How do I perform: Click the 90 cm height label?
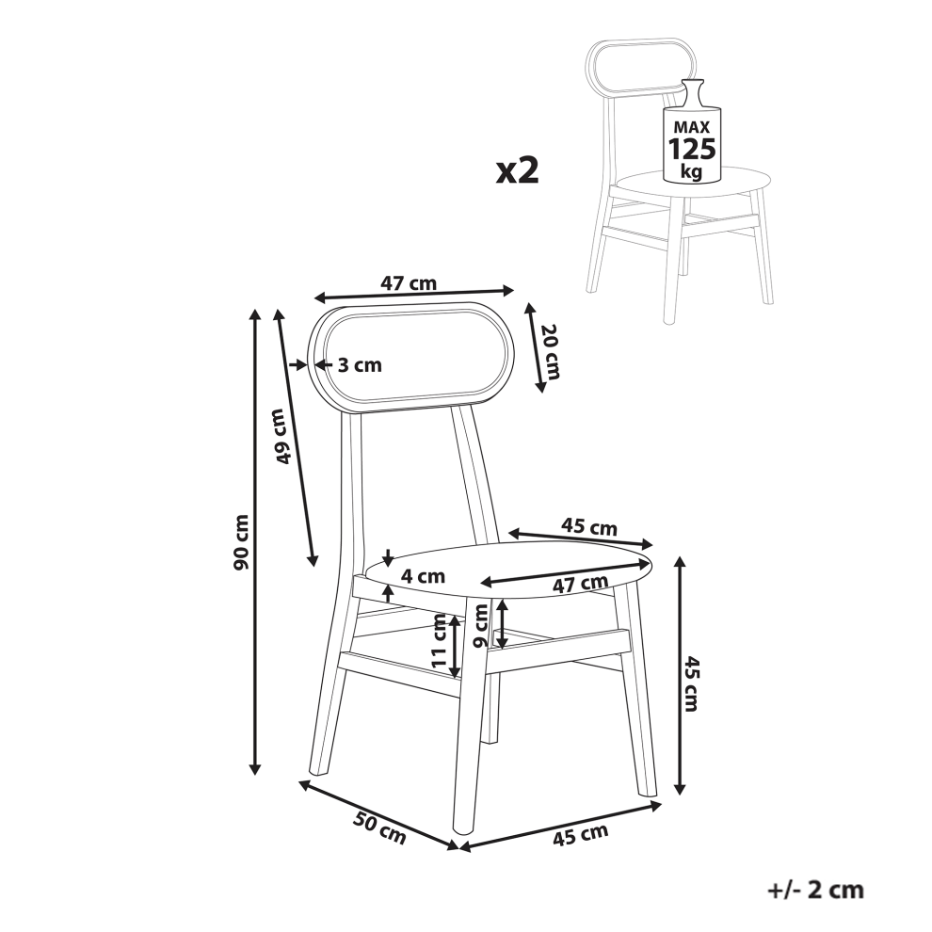pyautogui.click(x=241, y=542)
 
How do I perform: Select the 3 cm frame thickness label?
pyautogui.click(x=360, y=364)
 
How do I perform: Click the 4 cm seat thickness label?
pyautogui.click(x=423, y=575)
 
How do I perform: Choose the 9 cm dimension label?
pyautogui.click(x=481, y=625)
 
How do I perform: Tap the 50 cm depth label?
pyautogui.click(x=379, y=828)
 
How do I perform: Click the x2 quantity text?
pyautogui.click(x=518, y=171)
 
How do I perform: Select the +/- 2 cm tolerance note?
pyautogui.click(x=815, y=890)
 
